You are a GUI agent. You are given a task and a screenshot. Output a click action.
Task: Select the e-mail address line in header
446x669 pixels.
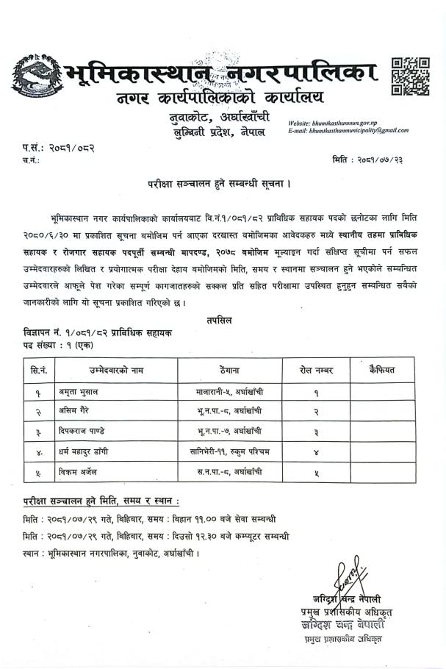pos(348,131)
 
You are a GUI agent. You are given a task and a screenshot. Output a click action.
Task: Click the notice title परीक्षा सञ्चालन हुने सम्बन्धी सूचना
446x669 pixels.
pos(223,181)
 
